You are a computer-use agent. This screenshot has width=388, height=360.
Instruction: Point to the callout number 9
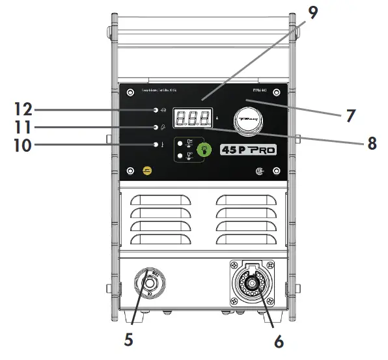(314, 13)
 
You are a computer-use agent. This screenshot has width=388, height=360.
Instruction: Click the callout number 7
(351, 117)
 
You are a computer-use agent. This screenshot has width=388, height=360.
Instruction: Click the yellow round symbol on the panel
(148, 171)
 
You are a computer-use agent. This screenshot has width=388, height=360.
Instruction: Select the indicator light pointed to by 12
(156, 109)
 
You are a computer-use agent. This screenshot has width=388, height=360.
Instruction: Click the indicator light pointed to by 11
(156, 126)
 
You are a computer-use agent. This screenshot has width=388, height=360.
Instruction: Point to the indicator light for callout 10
(156, 145)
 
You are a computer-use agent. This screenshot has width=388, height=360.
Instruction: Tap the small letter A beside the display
(216, 120)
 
